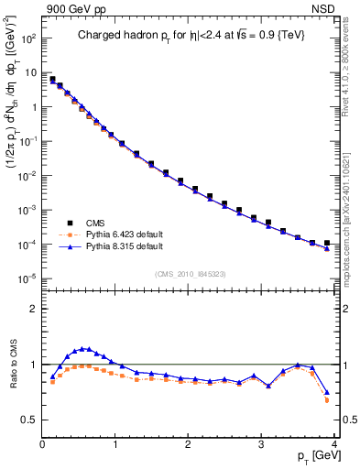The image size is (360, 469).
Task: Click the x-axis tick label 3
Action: [261, 445]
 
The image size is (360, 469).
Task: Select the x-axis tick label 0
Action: [43, 445]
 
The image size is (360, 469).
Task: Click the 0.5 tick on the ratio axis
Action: [31, 420]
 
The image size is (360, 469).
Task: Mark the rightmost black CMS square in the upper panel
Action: [327, 243]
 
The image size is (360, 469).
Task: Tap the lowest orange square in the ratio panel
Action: [327, 400]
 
